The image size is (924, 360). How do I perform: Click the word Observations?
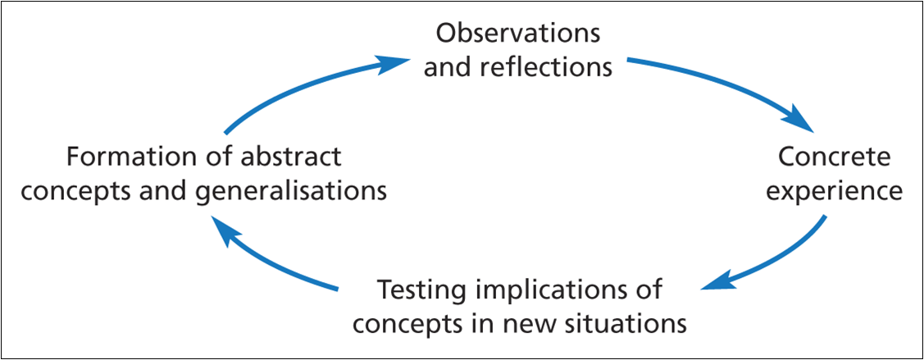(x=517, y=34)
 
